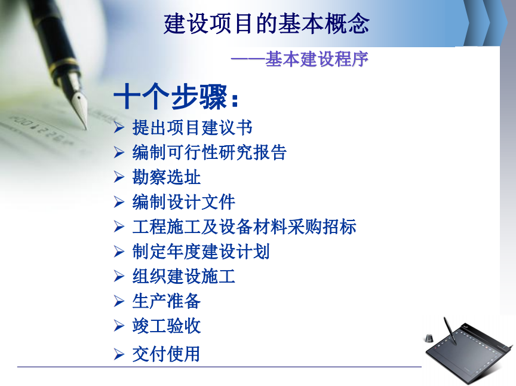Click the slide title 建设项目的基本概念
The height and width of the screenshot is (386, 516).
[266, 23]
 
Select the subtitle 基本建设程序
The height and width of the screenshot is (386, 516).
[317, 59]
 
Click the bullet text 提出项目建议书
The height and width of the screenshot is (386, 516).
[192, 127]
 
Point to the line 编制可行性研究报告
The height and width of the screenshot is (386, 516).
[209, 152]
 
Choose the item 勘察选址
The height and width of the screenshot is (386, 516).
[167, 177]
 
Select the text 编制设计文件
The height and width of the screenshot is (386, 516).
[183, 202]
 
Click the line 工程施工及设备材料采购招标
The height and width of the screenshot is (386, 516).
[244, 226]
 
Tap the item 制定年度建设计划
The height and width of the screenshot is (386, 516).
[201, 252]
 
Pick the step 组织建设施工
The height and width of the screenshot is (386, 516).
[183, 276]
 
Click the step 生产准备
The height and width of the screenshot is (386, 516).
[167, 301]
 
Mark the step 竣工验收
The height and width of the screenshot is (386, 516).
[167, 326]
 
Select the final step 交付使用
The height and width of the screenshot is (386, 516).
[166, 354]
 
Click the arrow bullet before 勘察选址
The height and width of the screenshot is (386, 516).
[119, 177]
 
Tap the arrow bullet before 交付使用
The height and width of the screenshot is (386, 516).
[119, 354]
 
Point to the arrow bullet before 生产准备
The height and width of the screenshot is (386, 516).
[119, 301]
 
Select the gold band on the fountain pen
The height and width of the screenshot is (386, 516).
[66, 64]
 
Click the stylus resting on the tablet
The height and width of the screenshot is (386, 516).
[450, 330]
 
